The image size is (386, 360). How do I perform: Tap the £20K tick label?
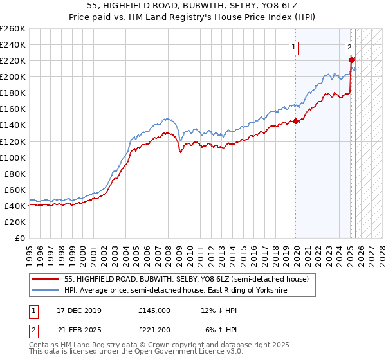click(14, 222)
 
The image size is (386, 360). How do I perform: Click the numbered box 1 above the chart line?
click(293, 46)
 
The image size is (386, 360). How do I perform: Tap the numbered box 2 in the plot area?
click(349, 46)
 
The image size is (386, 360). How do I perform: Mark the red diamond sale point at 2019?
click(295, 121)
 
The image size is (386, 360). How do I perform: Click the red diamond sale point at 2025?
click(351, 60)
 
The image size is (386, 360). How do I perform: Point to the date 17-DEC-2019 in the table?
click(75, 310)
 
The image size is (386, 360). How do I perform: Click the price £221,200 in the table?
click(154, 330)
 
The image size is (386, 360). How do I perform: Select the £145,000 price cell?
click(154, 310)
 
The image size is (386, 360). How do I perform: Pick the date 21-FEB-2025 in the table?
click(75, 330)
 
